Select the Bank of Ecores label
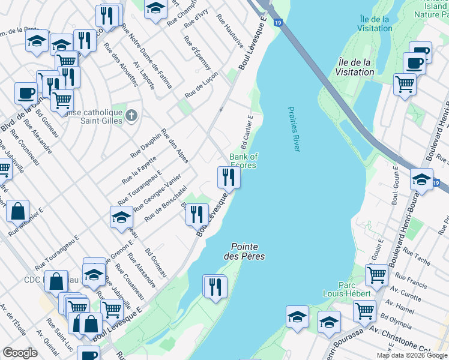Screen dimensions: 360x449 click(x=243, y=161)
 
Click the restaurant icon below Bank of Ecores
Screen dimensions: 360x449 click(x=228, y=177)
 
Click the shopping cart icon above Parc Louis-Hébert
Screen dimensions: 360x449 click(x=376, y=275)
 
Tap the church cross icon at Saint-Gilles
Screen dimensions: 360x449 click(x=132, y=114)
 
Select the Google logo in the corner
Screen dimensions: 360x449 click(x=20, y=353)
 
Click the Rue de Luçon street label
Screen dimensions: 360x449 click(x=202, y=88)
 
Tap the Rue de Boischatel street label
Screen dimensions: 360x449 click(x=163, y=202)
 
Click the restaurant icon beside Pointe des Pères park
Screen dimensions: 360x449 click(x=215, y=287)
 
